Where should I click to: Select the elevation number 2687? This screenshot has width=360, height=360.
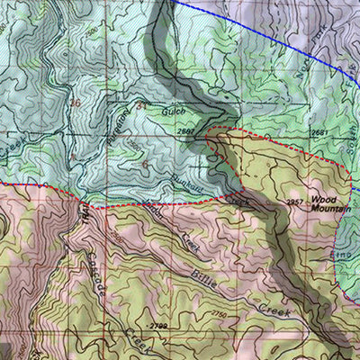point(186,131)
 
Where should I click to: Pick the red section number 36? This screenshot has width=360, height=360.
point(75,103)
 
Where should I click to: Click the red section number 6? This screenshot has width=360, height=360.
point(146,165)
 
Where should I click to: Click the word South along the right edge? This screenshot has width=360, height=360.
point(351,121)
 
